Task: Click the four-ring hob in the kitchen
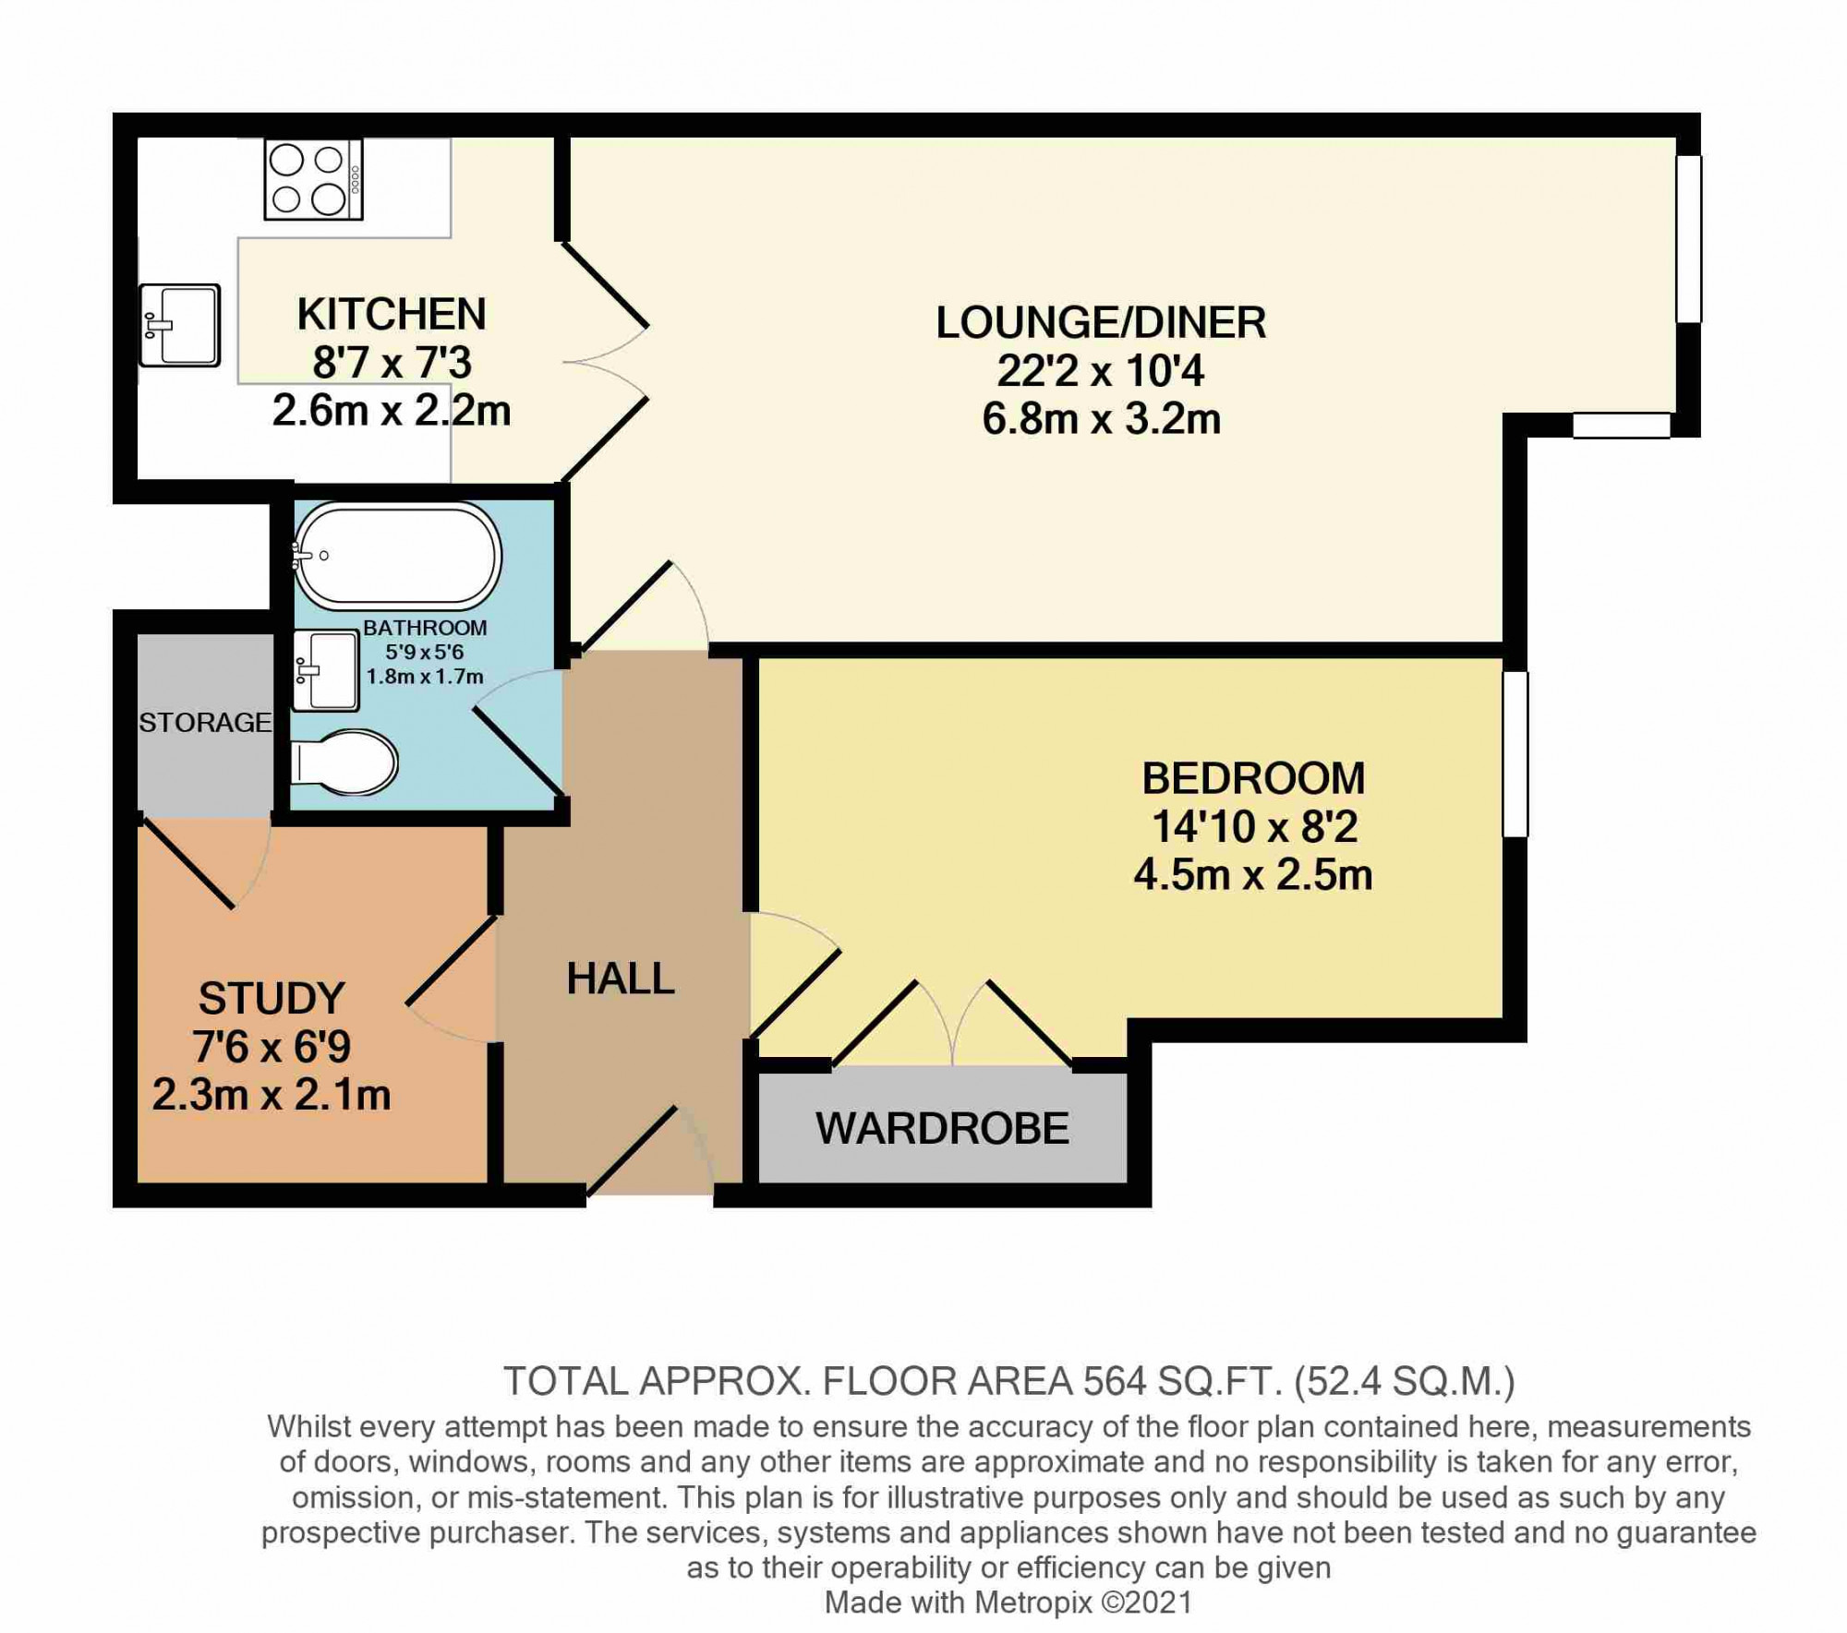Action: click(313, 179)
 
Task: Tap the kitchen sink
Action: click(180, 325)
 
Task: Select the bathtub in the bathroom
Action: click(397, 556)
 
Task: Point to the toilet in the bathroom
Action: click(344, 763)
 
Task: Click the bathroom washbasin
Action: click(325, 670)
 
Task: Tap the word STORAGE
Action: click(205, 722)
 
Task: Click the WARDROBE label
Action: click(942, 1128)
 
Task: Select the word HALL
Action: click(621, 979)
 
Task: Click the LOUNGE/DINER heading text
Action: click(1101, 322)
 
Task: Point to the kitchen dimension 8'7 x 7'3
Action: click(392, 363)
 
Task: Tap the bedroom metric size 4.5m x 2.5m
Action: click(1253, 874)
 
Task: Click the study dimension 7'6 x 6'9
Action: click(272, 1047)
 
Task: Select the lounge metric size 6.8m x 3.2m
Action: click(1101, 419)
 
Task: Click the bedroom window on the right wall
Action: click(1515, 754)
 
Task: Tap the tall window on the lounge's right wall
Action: click(1688, 239)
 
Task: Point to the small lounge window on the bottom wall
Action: click(1622, 425)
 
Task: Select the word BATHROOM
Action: click(425, 628)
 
